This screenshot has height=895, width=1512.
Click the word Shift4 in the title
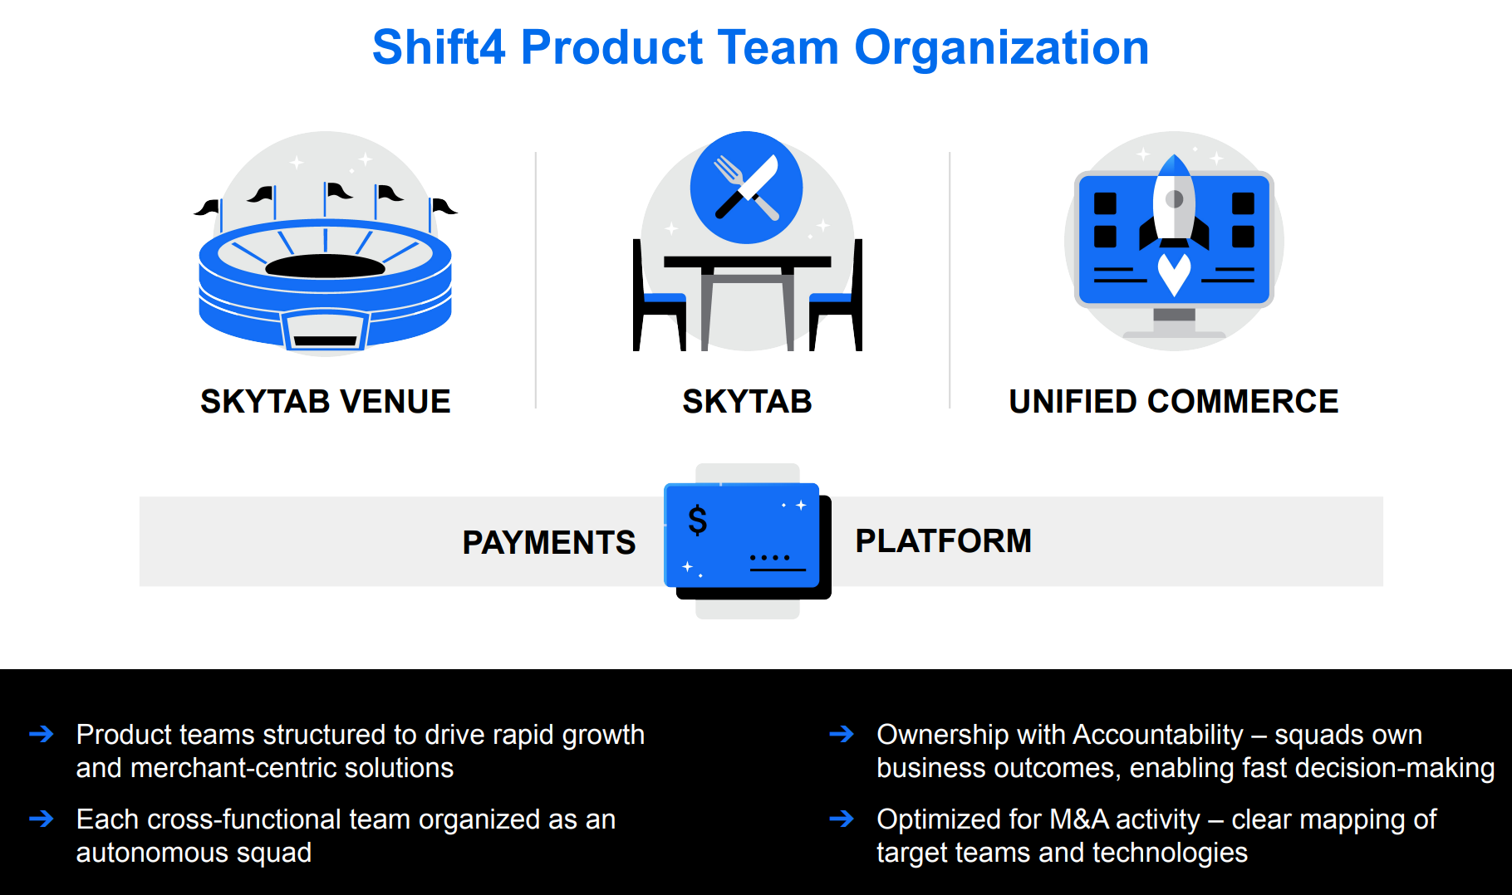(x=438, y=47)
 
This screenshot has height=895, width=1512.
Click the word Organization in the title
(x=1001, y=47)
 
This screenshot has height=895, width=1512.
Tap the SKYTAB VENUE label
(x=325, y=402)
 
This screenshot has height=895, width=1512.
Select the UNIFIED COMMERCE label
(x=1173, y=402)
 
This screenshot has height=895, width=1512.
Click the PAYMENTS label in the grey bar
(x=548, y=542)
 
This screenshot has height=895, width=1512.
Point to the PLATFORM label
(x=943, y=540)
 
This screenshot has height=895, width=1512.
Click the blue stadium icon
(x=325, y=282)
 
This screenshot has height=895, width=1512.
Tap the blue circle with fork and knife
(x=746, y=188)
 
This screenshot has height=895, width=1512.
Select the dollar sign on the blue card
(x=698, y=521)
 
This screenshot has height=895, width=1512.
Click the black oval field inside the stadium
(x=325, y=266)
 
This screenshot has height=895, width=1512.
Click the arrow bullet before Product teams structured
(x=41, y=734)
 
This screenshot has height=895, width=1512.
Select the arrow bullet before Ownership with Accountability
(x=842, y=734)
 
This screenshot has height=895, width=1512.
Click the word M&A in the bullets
(x=1078, y=819)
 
